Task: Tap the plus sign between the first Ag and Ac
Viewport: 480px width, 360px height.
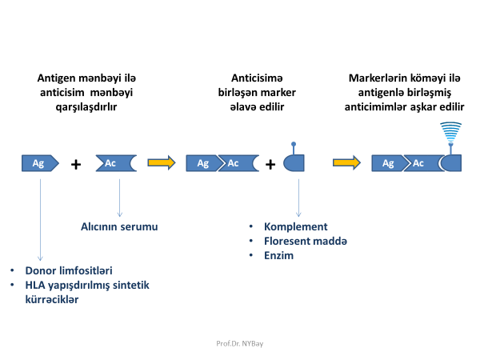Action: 76,164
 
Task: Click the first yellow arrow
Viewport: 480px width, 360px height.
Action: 161,163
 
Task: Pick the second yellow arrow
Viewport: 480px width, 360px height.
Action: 346,163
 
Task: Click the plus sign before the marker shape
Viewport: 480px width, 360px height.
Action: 270,164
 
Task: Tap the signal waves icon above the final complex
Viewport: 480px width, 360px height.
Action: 450,130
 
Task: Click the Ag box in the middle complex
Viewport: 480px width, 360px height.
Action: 203,163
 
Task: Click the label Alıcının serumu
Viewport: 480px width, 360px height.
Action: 120,226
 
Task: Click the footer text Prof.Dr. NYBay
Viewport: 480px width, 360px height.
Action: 240,342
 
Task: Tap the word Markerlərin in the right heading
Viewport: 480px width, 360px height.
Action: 375,78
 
